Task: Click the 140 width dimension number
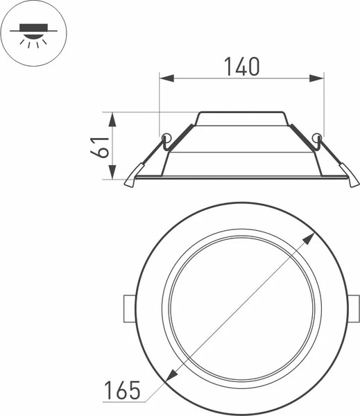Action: (x=241, y=66)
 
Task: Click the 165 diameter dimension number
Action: (x=121, y=390)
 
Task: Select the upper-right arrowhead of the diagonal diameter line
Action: (x=309, y=238)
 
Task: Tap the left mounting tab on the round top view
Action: (x=127, y=308)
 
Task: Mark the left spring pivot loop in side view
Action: (x=165, y=137)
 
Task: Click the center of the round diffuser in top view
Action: (x=241, y=308)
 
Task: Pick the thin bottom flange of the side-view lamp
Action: (x=241, y=177)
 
